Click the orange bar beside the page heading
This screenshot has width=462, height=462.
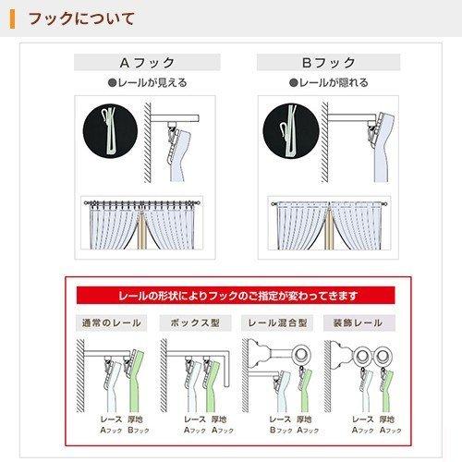(13, 18)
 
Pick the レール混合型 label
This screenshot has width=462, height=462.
(275, 324)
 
